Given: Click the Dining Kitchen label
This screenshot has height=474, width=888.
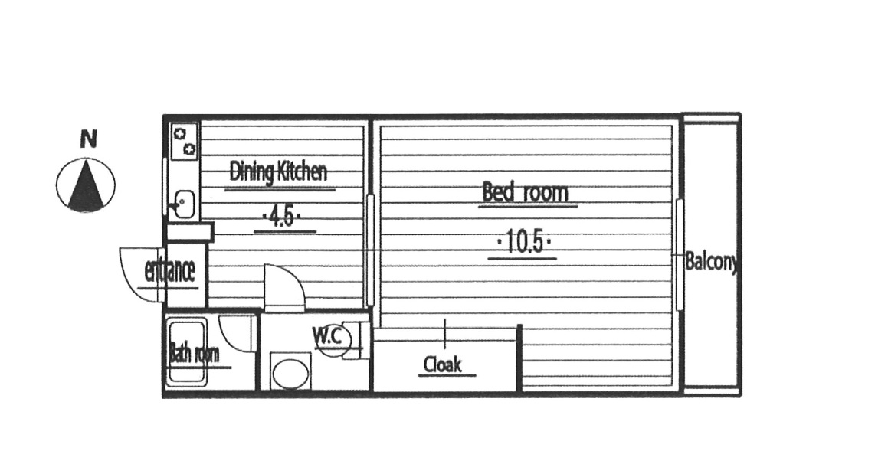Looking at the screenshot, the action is pos(278,172).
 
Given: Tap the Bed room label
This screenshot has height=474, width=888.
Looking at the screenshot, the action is pos(525,192).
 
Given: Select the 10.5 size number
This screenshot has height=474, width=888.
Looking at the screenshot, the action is pos(524,243).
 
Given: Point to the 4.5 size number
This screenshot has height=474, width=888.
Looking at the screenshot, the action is pos(282,217).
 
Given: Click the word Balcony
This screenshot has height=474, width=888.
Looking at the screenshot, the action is pos(711,262).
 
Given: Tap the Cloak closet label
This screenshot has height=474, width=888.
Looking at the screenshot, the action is pos(443,364).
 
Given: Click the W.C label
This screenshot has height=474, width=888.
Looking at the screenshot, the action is pos(328,336).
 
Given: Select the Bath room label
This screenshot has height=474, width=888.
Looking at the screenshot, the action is pos(194,355).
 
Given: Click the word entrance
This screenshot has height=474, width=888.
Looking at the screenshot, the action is pos(169,271).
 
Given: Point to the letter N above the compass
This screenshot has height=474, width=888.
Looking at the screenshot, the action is pos(88,139).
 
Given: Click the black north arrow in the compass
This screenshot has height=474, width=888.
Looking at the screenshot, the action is pos(86,184).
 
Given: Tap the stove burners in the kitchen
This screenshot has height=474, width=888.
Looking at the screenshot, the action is pos(185,141).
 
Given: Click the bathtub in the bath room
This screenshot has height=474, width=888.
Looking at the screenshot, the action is pos(185,353).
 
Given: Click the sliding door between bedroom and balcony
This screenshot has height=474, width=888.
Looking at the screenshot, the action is pos(680,254).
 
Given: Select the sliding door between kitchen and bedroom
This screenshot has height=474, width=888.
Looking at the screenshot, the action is pos(371,250).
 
